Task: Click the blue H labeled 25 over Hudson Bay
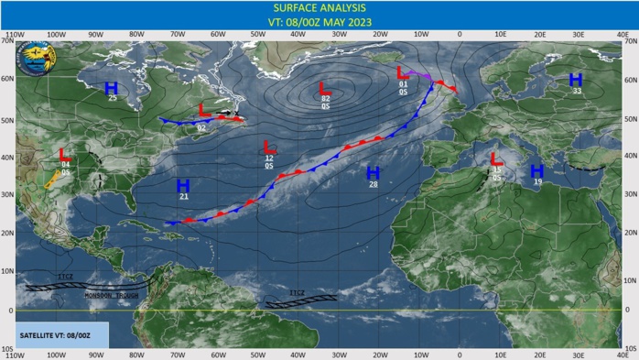click(111, 88)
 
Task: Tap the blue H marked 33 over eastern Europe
click(576, 81)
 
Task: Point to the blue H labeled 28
click(373, 173)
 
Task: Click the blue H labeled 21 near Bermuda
click(183, 186)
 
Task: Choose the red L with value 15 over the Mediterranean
click(496, 159)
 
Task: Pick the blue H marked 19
click(536, 171)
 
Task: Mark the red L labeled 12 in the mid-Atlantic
click(268, 147)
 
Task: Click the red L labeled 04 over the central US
click(65, 154)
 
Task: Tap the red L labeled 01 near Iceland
click(402, 73)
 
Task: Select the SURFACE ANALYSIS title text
click(319, 9)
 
